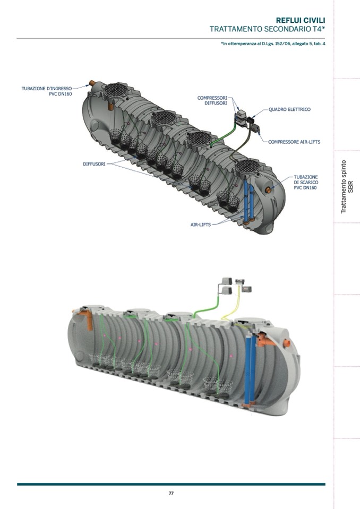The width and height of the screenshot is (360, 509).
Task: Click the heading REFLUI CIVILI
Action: tap(301, 21)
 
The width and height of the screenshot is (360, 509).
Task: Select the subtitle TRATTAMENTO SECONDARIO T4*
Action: tap(267, 29)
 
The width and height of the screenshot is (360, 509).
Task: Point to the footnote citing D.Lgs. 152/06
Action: tap(273, 44)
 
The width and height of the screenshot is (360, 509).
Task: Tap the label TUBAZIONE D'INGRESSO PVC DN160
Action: tap(47, 91)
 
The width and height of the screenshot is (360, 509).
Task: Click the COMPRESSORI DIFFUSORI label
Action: tap(212, 100)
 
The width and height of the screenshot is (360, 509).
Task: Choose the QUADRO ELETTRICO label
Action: tap(289, 109)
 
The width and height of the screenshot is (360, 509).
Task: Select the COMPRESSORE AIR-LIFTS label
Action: tap(294, 142)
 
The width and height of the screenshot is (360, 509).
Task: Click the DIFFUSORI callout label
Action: tap(94, 164)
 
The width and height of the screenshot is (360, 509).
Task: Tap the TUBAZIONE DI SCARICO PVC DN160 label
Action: tap(306, 182)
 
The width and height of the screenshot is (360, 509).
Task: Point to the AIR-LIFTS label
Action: tap(201, 225)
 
